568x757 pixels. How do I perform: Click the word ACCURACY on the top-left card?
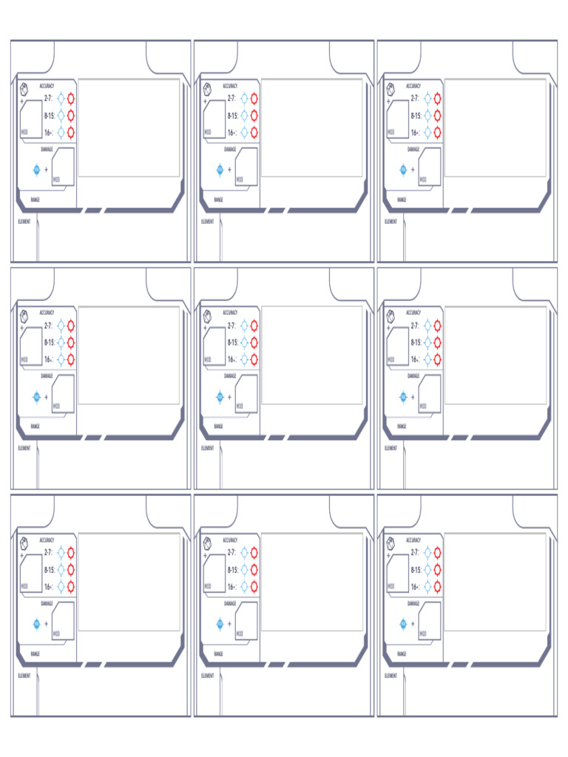tap(47, 86)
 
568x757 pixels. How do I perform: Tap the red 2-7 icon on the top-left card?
tap(71, 98)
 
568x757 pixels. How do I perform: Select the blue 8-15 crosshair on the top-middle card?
tap(244, 115)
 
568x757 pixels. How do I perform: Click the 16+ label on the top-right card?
tap(416, 133)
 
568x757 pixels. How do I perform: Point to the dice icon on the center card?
tap(207, 316)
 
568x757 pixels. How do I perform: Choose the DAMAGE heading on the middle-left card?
tap(47, 376)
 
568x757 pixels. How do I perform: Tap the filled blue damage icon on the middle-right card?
tap(403, 397)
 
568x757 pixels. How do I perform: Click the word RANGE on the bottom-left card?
tap(35, 654)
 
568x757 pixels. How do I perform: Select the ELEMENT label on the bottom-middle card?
tap(207, 675)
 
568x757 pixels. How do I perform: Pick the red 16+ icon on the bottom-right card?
tap(438, 586)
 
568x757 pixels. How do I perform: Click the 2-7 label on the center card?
tap(231, 325)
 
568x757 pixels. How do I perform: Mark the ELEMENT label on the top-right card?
tap(390, 221)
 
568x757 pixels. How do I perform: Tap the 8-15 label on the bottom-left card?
tap(49, 569)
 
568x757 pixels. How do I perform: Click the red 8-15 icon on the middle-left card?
tap(71, 342)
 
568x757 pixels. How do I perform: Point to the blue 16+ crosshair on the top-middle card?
tap(244, 133)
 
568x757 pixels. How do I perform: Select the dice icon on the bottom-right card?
tap(390, 543)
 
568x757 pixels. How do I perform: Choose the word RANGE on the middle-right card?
tap(402, 427)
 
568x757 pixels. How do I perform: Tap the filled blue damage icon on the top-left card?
tap(36, 169)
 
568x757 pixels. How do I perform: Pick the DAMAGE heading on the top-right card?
tap(413, 149)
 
